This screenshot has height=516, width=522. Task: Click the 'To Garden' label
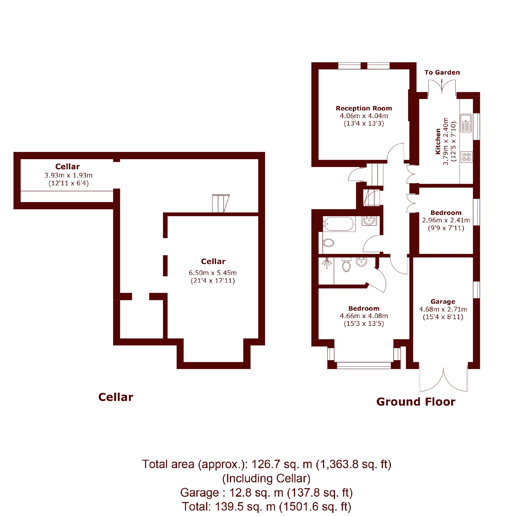coord(442,72)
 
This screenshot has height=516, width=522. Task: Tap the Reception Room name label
coord(364,108)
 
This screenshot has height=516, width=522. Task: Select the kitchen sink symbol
coord(466,123)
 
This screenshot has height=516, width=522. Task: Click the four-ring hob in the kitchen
coord(466,157)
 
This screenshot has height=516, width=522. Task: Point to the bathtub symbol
coord(339,224)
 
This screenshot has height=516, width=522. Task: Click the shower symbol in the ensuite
coord(327,263)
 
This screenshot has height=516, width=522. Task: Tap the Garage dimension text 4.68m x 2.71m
coord(443,309)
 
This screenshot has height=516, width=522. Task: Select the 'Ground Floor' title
coord(416,402)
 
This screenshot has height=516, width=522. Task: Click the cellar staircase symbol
coord(220,203)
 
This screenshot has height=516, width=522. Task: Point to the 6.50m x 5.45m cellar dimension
coord(213,273)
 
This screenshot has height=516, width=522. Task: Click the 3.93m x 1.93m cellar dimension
coord(68,175)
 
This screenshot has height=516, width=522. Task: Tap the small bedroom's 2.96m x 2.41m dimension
coord(446,220)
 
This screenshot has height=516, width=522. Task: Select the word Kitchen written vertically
coord(438,141)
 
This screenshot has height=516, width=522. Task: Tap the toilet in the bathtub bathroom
coord(329,243)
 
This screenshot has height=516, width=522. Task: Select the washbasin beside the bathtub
coord(369,221)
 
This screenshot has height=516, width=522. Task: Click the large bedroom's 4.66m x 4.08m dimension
coord(364,316)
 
